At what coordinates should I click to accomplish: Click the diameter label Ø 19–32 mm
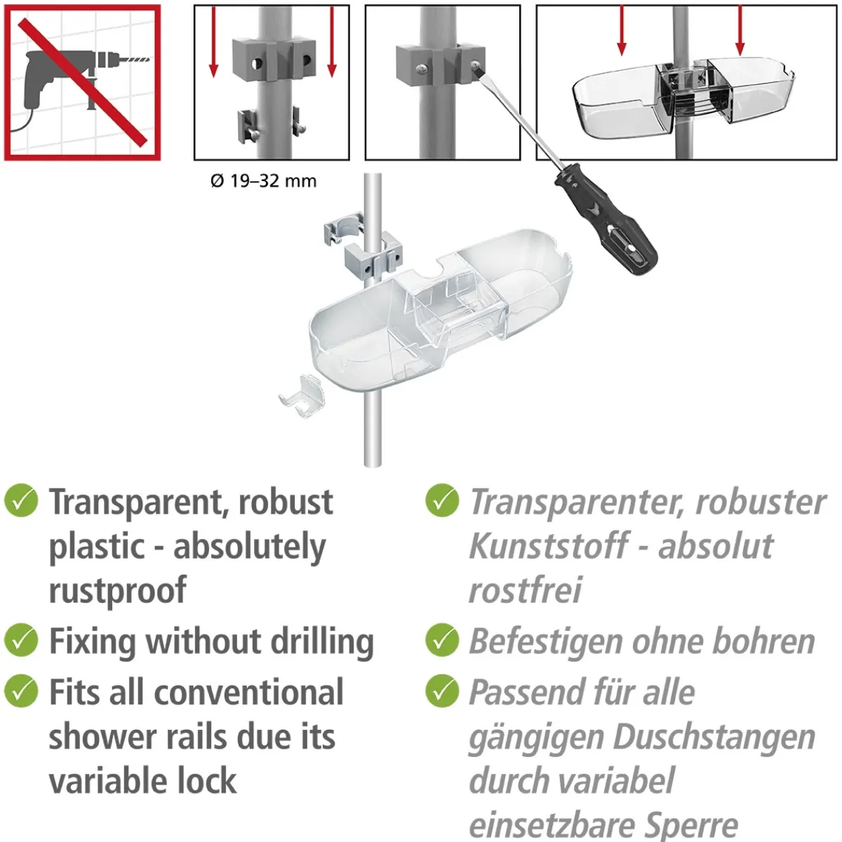[x=264, y=180]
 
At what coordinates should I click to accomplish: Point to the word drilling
[x=322, y=642]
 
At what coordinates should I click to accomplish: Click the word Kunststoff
[x=549, y=546]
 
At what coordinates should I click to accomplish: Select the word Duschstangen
[x=714, y=738]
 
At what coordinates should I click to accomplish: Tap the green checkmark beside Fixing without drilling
[x=21, y=640]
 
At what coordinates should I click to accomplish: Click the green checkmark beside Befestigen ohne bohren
[x=442, y=640]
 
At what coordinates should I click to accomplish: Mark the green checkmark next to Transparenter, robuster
[x=442, y=500]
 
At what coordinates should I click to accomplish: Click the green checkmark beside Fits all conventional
[x=21, y=691]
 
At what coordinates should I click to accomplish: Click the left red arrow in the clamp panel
[x=213, y=41]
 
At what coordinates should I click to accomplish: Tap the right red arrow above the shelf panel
[x=740, y=31]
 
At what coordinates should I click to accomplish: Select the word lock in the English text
[x=208, y=781]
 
